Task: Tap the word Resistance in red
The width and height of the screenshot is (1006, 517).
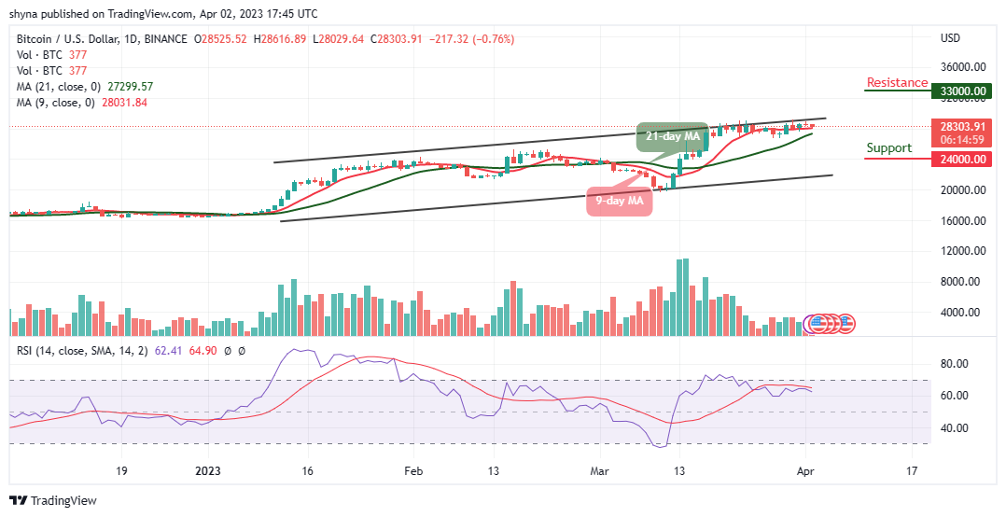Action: (x=897, y=83)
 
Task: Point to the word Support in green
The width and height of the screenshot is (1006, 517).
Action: (x=888, y=148)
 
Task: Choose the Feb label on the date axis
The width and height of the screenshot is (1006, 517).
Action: (x=413, y=471)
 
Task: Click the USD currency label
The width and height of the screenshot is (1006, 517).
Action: (x=951, y=39)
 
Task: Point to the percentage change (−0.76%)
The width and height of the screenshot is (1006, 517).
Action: (x=494, y=39)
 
